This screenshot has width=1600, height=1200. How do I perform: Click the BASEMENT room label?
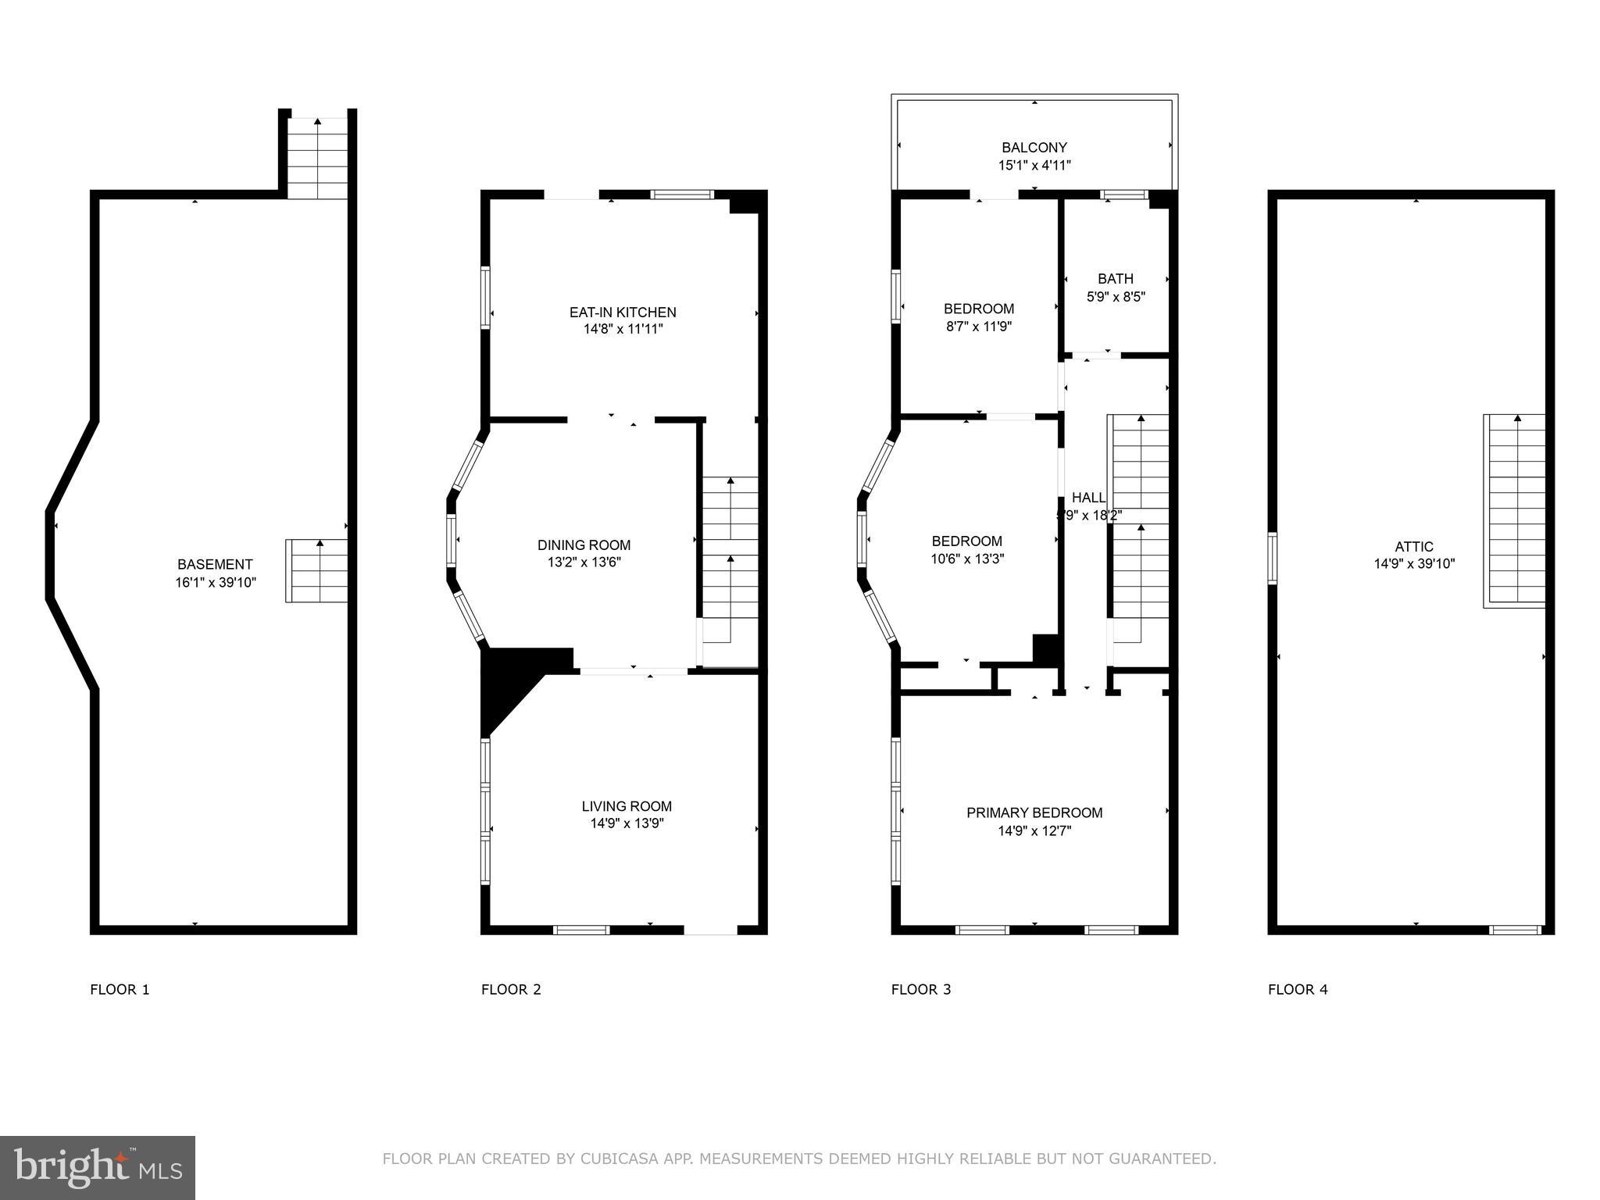pos(215,564)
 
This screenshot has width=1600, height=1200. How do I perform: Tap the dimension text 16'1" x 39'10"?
pos(215,582)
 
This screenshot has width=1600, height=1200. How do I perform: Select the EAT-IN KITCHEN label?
pos(623,312)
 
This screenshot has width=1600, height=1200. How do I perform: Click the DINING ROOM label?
pos(584,545)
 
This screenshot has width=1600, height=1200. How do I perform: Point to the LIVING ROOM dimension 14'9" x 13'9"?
pos(627,823)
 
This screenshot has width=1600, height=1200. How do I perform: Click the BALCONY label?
pos(1034,147)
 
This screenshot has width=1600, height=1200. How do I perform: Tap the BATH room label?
pos(1115,278)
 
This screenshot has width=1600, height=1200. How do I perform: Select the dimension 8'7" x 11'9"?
pos(979,327)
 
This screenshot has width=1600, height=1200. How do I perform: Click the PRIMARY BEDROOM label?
pos(1034,812)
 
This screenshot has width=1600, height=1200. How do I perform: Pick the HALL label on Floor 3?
pos(1087,498)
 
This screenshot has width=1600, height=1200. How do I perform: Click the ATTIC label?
pos(1414,547)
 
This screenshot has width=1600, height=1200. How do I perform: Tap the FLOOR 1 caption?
pos(120,989)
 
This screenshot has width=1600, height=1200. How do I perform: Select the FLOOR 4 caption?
pos(1298,989)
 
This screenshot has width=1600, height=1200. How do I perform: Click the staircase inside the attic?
pos(1515,512)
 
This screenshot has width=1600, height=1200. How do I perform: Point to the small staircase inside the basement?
pos(316,571)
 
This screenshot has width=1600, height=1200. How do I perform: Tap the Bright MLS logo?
pos(97,1167)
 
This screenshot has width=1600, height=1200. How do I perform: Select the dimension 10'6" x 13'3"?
pos(966,559)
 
